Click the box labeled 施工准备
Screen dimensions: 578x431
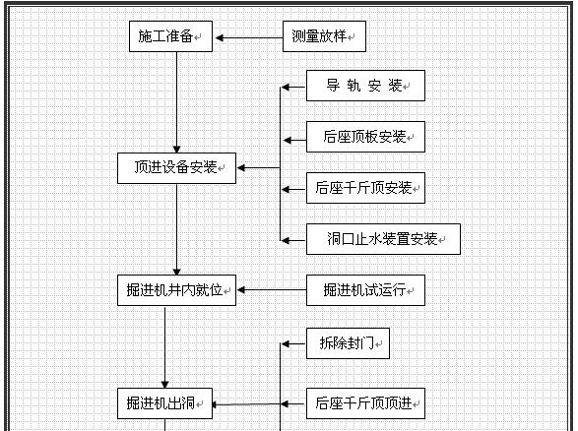(170, 36)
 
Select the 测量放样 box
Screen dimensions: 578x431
(324, 36)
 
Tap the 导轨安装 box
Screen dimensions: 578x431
(365, 86)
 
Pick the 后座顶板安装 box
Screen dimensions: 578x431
(365, 137)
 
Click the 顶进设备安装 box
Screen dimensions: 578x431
(176, 168)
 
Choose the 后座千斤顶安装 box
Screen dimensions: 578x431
(365, 188)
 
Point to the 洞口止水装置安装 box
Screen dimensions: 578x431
(383, 239)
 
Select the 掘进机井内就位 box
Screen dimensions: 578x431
(176, 290)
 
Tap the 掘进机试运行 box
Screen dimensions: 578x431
(365, 290)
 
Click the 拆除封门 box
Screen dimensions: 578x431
(348, 343)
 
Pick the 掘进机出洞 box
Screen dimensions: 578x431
(164, 403)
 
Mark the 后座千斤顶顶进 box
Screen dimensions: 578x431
(365, 403)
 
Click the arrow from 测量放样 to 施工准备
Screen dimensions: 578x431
(249, 37)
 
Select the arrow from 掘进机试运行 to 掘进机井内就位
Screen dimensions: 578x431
(272, 290)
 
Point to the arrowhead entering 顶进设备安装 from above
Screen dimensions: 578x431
(176, 150)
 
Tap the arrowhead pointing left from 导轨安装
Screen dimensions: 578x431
(286, 88)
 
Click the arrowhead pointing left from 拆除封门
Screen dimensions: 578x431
(286, 344)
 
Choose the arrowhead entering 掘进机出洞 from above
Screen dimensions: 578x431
(164, 384)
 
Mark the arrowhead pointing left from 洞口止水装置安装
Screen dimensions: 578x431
(286, 240)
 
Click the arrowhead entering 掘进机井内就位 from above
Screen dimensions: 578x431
(176, 272)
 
